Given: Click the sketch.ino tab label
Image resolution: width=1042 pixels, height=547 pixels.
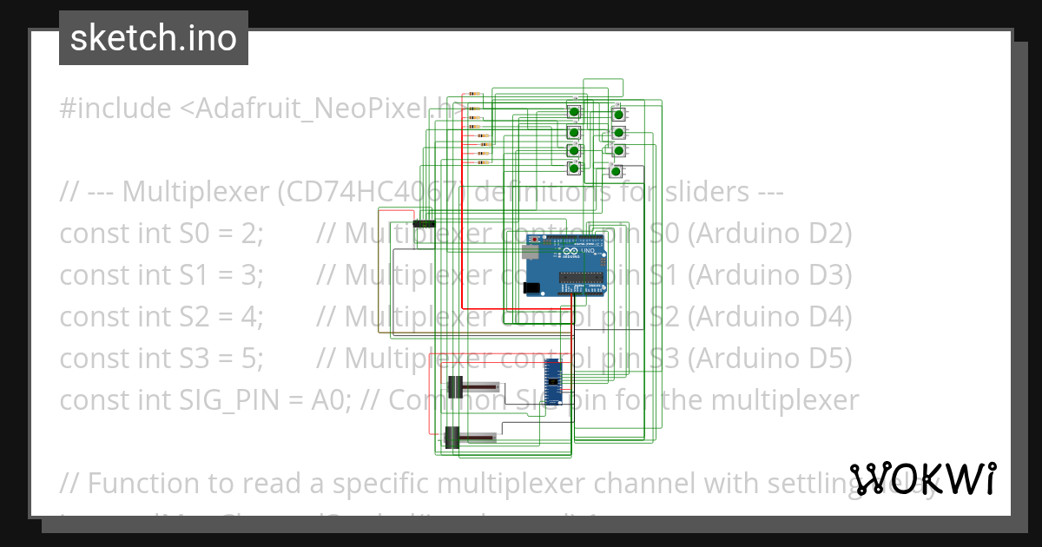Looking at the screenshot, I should coord(154,38).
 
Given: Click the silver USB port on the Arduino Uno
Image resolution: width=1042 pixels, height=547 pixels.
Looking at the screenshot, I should coord(531,252).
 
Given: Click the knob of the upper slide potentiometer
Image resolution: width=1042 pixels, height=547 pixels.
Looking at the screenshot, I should coord(454,386).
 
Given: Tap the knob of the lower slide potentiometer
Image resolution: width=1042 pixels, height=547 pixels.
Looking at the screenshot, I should coord(452,437).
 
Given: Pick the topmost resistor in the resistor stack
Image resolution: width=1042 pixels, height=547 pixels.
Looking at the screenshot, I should coord(473,93).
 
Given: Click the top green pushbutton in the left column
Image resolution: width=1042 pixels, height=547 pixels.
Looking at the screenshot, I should coord(574,111).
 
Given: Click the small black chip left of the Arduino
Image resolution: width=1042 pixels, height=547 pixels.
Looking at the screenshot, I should coord(423,224).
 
